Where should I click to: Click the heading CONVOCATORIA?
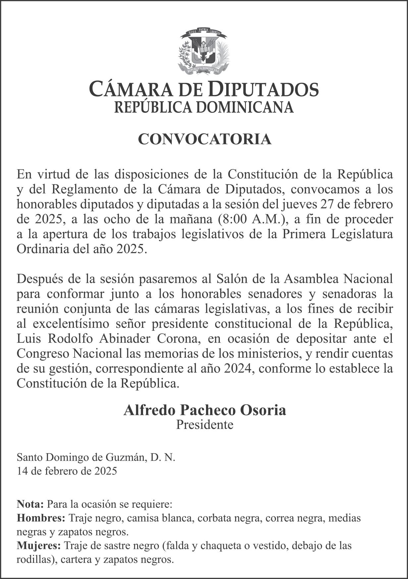[204, 139]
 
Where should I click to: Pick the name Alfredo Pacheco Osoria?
[204, 410]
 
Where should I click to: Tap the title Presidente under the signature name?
[204, 424]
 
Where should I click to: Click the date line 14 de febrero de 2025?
[67, 470]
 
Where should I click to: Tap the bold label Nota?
[30, 504]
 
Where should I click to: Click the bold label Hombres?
[41, 518]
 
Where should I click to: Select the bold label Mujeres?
[39, 545]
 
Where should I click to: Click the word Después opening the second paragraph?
[40, 279]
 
